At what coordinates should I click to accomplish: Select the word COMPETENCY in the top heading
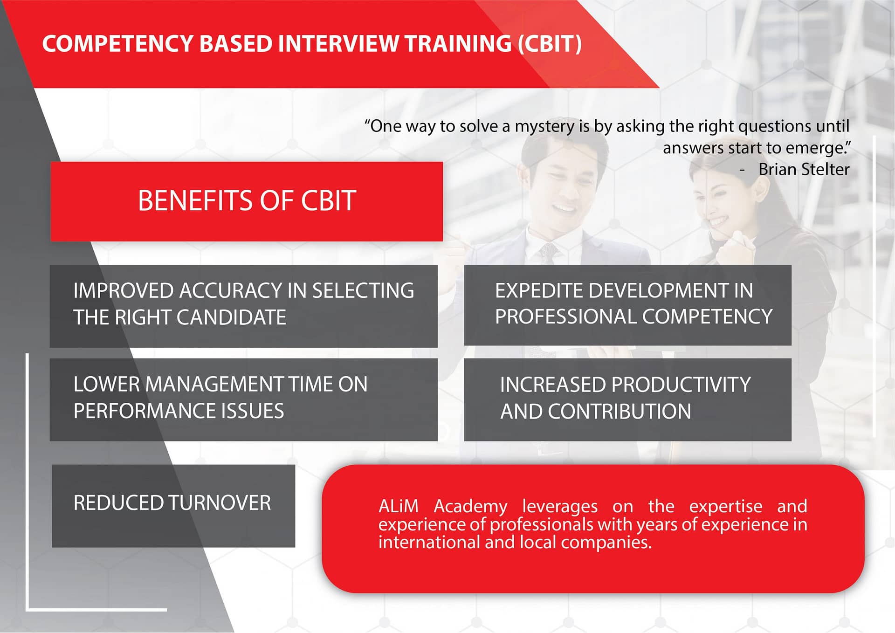click(117, 44)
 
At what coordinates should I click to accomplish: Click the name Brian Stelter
click(804, 169)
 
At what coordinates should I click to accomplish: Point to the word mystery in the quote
click(544, 127)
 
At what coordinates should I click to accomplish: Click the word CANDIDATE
click(231, 317)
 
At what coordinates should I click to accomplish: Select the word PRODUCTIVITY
click(681, 385)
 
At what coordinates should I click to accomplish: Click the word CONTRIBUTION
click(620, 412)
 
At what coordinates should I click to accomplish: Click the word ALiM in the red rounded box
click(399, 506)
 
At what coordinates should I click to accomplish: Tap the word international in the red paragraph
click(429, 543)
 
